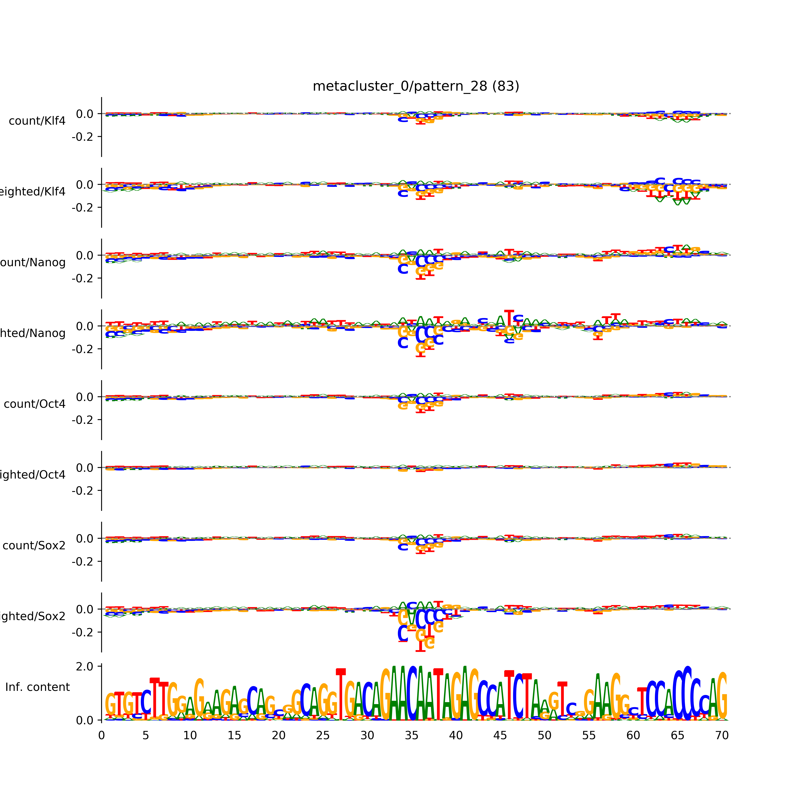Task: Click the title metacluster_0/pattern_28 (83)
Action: point(416,86)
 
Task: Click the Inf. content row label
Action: point(37,687)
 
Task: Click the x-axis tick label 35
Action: point(411,736)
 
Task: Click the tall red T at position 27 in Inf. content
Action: point(341,693)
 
